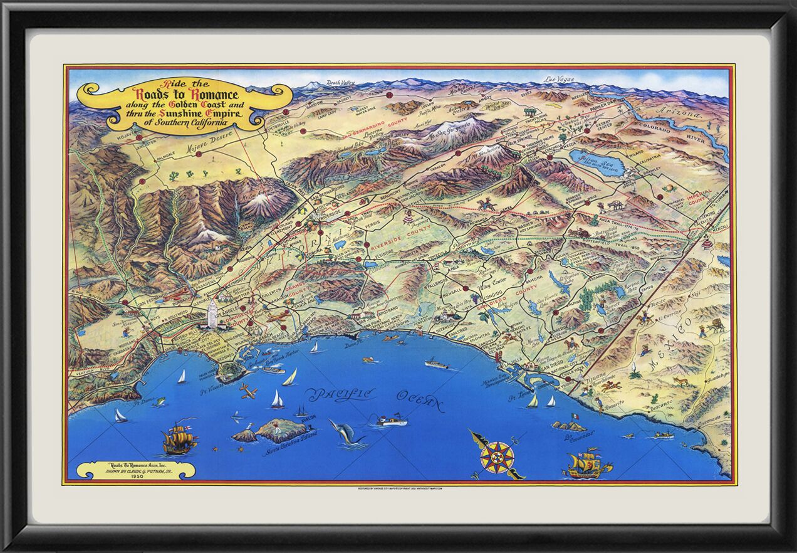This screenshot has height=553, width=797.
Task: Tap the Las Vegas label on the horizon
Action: (x=559, y=80)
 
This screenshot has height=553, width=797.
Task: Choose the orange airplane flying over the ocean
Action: (x=248, y=392)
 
